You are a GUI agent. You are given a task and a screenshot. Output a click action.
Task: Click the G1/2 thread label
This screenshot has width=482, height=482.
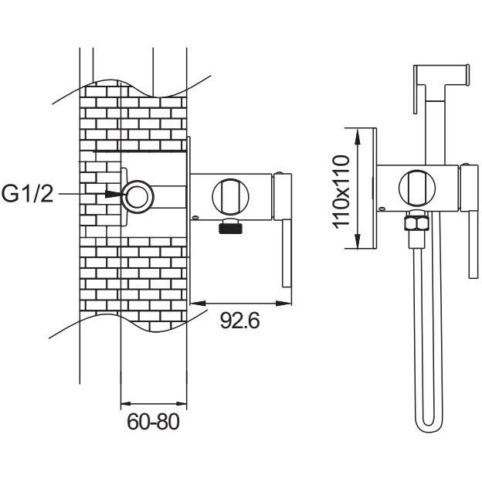click(28, 194)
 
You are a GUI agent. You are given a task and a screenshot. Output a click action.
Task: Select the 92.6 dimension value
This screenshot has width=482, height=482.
click(240, 321)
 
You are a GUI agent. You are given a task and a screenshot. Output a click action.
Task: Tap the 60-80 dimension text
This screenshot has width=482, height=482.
click(153, 422)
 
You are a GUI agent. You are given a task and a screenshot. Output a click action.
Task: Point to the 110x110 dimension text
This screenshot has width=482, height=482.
click(341, 192)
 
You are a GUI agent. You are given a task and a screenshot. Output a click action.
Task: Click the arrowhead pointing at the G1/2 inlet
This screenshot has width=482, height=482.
click(114, 194)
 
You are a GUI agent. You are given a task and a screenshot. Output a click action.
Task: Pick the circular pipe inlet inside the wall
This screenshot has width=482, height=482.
click(137, 197)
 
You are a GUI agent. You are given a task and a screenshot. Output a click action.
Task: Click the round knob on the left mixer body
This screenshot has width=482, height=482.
click(230, 197)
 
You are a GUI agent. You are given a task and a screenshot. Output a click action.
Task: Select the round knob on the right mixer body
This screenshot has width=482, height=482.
click(417, 188)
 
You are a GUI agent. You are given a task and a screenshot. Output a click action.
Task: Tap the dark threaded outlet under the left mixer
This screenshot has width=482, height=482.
click(230, 228)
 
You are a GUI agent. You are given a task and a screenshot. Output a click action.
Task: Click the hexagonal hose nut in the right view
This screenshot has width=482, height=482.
click(416, 223)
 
